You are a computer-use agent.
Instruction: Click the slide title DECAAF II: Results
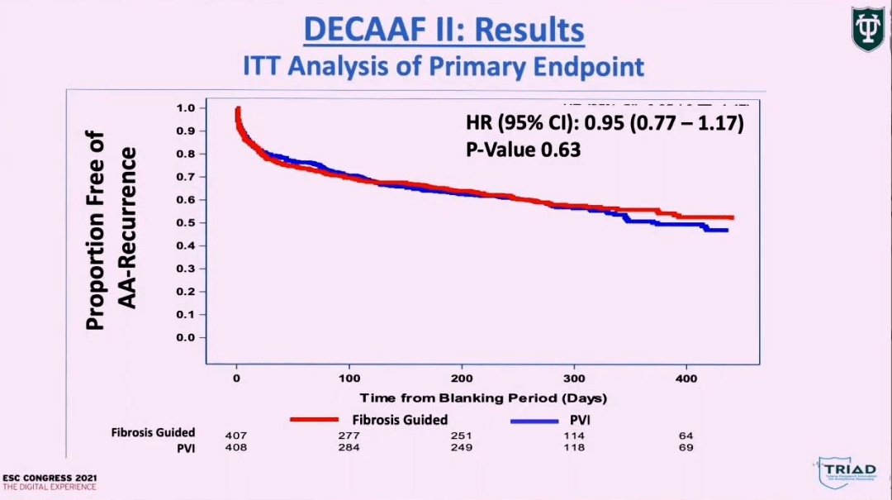coord(444,30)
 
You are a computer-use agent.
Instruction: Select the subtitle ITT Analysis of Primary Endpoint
coord(444,66)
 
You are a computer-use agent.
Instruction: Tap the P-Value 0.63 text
coord(524,150)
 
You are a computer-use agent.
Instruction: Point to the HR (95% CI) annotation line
coord(605,124)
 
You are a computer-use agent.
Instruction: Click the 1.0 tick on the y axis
coord(186,108)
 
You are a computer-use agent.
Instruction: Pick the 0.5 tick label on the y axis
coord(186,223)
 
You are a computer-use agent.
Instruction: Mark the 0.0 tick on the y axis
coord(186,337)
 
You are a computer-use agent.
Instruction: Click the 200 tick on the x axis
coord(462,378)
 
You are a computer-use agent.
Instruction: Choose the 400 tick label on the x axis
coord(687,378)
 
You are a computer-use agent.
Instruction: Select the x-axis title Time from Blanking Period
coord(483,398)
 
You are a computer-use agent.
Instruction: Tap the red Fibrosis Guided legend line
coord(315,420)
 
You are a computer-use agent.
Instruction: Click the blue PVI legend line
coord(534,421)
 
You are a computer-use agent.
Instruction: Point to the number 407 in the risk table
coord(235,436)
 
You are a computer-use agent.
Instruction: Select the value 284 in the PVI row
coord(349,448)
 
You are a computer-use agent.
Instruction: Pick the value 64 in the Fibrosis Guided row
coord(686,436)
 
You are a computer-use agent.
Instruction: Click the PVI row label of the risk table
coord(185,448)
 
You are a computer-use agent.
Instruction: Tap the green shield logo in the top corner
coord(867,29)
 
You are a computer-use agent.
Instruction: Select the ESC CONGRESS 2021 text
coord(49,478)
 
